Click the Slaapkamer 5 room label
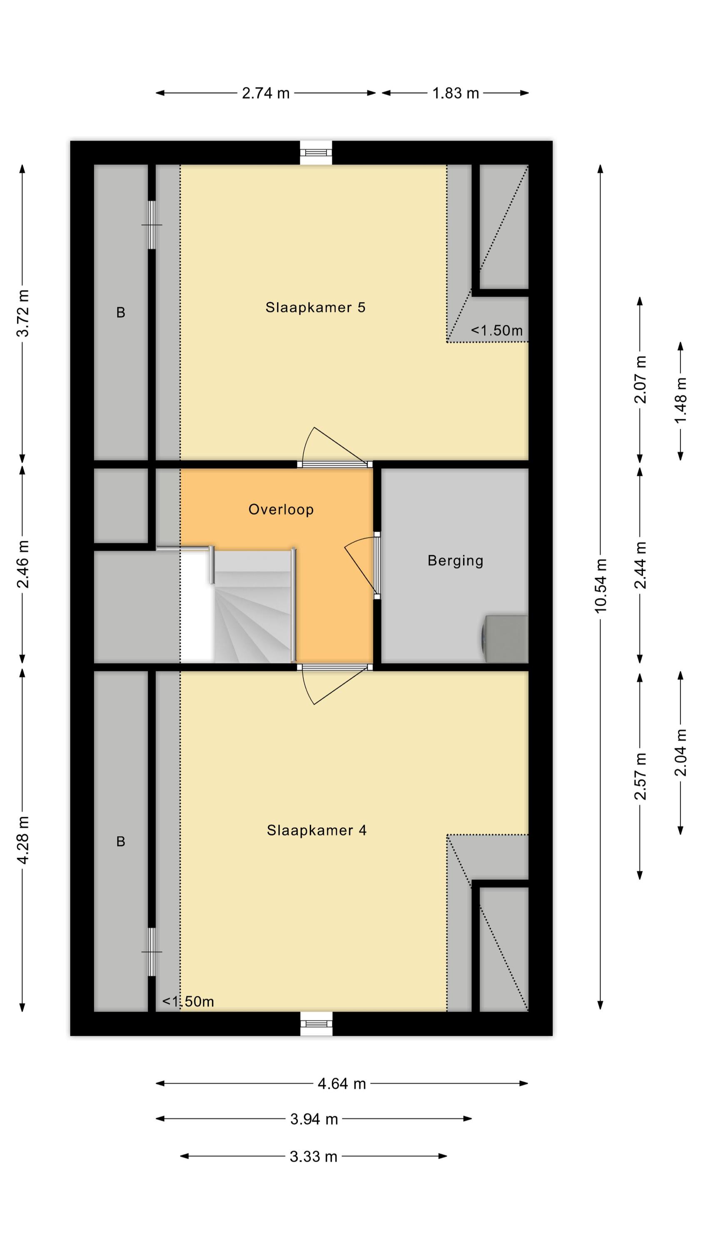pyautogui.click(x=315, y=307)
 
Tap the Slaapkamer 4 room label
pyautogui.click(x=317, y=830)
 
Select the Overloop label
pyautogui.click(x=281, y=510)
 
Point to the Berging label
pyautogui.click(x=455, y=561)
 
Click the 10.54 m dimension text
pyautogui.click(x=601, y=585)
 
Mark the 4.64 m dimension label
pyautogui.click(x=342, y=1083)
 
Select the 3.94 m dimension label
pyautogui.click(x=314, y=1119)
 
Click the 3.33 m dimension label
pyautogui.click(x=314, y=1157)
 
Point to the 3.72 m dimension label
pyautogui.click(x=23, y=313)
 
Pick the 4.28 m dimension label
pyautogui.click(x=23, y=839)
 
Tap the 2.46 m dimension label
pyautogui.click(x=23, y=564)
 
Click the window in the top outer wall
pyautogui.click(x=316, y=153)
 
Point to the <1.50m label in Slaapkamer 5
pyautogui.click(x=497, y=331)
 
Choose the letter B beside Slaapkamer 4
pyautogui.click(x=121, y=841)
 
